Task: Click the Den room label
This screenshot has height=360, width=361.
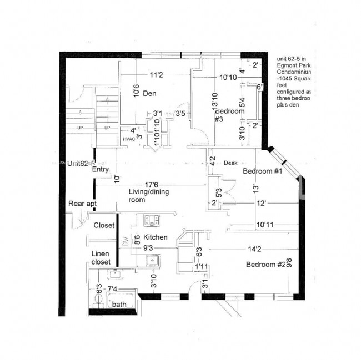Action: [149, 93]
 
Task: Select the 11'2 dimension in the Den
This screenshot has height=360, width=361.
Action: [156, 75]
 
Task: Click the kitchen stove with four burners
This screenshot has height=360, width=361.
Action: [152, 220]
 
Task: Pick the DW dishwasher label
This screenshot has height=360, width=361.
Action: [125, 242]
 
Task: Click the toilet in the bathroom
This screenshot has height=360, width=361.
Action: [99, 300]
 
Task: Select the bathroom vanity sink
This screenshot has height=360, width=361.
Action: [116, 273]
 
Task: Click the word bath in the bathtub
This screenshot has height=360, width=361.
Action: [119, 305]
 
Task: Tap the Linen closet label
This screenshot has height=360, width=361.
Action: [101, 257]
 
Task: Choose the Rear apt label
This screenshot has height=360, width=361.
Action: [83, 204]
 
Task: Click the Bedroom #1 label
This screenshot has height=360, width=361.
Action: [263, 171]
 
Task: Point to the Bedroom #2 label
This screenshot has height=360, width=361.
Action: [265, 265]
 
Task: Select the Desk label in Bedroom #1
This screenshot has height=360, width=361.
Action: [230, 163]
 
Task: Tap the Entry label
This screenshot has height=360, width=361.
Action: [100, 170]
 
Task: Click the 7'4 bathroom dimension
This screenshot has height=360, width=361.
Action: [112, 289]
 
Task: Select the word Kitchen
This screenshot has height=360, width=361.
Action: [156, 237]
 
